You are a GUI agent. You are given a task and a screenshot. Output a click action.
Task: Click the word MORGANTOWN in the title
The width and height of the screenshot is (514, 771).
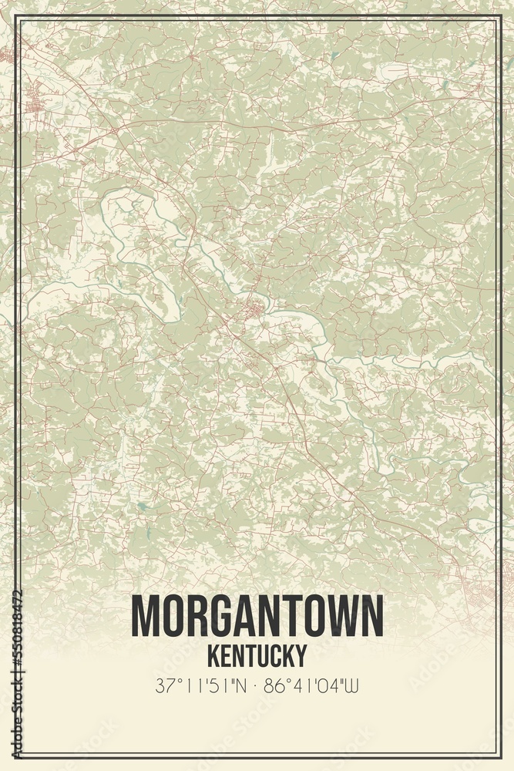pyautogui.click(x=257, y=616)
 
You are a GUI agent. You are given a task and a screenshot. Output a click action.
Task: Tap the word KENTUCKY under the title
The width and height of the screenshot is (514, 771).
pyautogui.click(x=257, y=655)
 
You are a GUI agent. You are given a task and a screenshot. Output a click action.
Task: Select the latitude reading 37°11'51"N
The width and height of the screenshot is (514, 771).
pyautogui.click(x=198, y=685)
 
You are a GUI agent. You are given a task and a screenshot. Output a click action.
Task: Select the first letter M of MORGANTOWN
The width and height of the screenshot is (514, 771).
pyautogui.click(x=145, y=616)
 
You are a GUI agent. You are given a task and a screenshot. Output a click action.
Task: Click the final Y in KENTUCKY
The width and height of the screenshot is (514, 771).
pyautogui.click(x=300, y=655)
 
